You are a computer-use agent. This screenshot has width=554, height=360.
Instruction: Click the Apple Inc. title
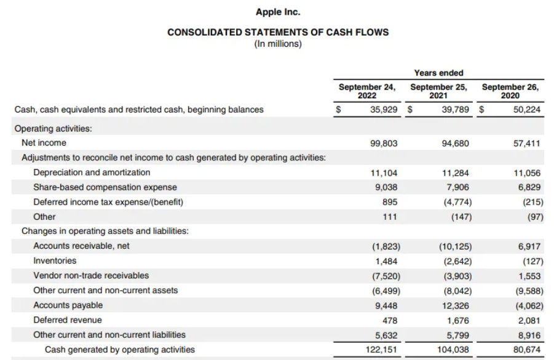coord(278,12)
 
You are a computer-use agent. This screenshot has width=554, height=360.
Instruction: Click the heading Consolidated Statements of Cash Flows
coord(278,33)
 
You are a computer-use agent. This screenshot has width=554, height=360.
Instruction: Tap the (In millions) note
coord(278,44)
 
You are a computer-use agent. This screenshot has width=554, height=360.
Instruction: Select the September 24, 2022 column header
coord(367,91)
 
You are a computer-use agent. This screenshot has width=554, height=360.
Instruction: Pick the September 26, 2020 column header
coord(510,91)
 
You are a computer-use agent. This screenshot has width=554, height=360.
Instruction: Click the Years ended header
coord(438,73)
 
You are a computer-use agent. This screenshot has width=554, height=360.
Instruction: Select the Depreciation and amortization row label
coord(92,173)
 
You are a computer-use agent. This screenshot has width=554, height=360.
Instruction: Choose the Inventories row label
coord(55,261)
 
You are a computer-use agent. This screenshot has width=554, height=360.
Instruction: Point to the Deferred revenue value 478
coord(390,320)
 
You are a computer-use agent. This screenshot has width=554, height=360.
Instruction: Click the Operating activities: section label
coord(53,129)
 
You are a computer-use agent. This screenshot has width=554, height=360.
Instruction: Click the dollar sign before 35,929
coord(337,110)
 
